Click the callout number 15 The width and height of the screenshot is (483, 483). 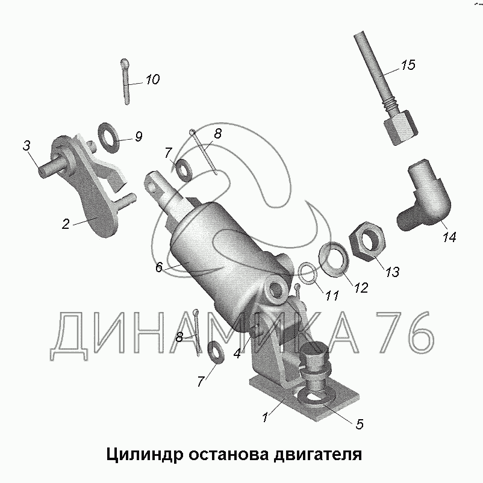tap(408, 64)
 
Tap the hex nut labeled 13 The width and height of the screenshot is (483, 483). tap(367, 240)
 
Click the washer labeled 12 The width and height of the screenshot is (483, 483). tap(333, 259)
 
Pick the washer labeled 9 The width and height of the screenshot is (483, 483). tap(109, 138)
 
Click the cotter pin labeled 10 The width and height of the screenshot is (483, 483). tap(125, 82)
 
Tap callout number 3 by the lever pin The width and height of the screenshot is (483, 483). tap(26, 145)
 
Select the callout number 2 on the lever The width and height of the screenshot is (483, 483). tap(66, 224)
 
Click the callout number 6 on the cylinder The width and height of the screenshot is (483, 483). tap(158, 267)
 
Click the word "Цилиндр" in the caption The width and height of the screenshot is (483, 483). tap(145, 454)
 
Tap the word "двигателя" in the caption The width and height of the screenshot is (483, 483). tap(317, 455)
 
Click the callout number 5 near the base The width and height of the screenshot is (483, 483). tap(360, 424)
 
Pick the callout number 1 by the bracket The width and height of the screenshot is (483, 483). tap(264, 417)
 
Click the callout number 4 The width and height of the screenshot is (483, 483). tap(237, 354)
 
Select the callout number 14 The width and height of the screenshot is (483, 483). tap(449, 237)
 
